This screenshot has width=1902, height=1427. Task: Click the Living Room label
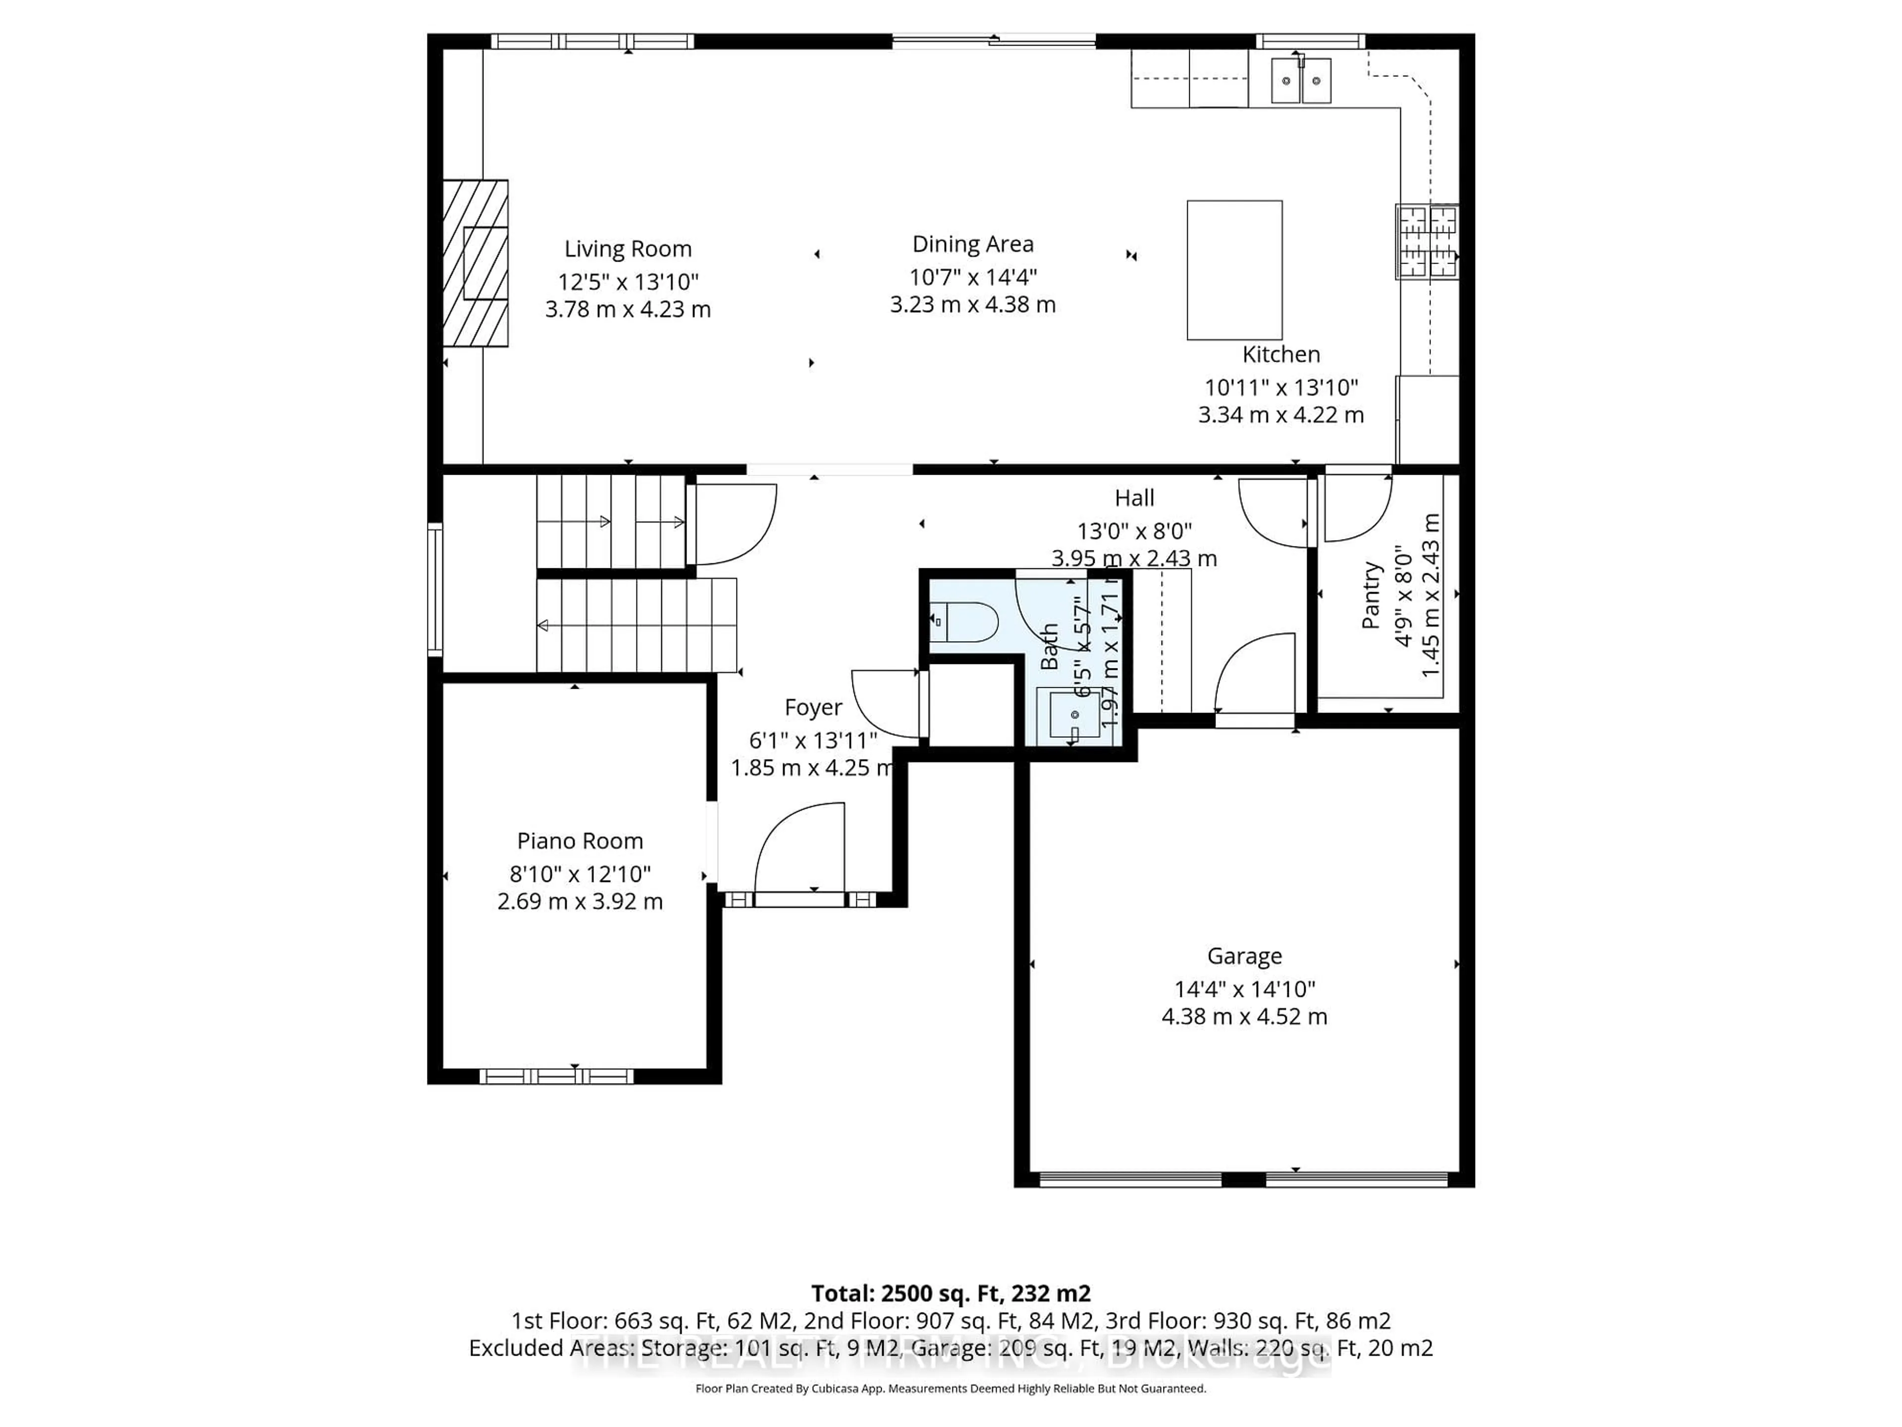(x=628, y=249)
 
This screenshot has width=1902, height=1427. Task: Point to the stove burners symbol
(x=1426, y=242)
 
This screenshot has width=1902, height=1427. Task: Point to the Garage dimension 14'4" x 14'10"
(x=1244, y=989)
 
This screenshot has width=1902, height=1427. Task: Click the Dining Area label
(x=972, y=244)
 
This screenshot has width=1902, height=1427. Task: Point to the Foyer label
(x=813, y=707)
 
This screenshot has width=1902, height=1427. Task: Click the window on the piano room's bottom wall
(x=556, y=1076)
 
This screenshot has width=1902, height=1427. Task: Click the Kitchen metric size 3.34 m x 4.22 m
(x=1280, y=415)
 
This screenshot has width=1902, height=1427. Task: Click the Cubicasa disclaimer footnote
(x=950, y=1388)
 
